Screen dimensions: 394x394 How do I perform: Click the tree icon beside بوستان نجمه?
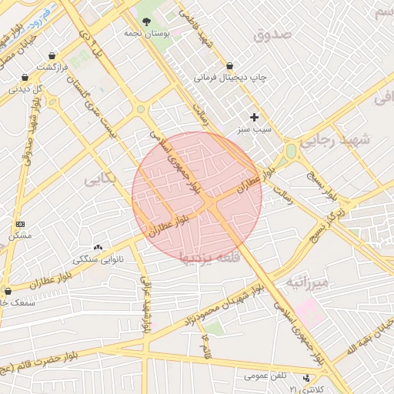coord(146,22)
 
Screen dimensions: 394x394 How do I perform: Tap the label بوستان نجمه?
coord(146,35)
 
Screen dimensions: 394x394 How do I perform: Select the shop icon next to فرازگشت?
coord(52,55)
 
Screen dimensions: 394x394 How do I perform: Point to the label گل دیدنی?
coord(27,88)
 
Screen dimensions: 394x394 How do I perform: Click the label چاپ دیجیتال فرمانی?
coord(230,78)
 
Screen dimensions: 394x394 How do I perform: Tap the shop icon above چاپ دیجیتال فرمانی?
coord(230,66)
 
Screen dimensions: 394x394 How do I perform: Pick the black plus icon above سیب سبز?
coord(255,118)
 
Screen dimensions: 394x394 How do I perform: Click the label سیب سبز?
coord(255,130)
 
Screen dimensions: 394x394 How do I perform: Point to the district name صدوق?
coord(272,35)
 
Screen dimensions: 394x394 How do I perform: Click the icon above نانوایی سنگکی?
coord(98,247)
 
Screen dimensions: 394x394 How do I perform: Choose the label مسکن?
coord(19,235)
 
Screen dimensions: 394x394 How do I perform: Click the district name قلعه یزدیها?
coord(209,255)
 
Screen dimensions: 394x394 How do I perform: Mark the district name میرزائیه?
coord(308,282)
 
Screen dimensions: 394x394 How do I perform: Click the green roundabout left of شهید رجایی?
coord(291,152)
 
